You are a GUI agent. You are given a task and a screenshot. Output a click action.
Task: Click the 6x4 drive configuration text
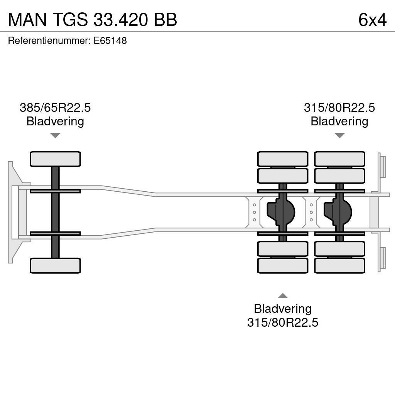click(x=372, y=20)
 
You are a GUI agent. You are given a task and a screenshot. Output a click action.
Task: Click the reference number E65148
click(x=110, y=41)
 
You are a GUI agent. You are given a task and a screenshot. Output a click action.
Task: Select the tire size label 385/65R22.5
click(x=55, y=108)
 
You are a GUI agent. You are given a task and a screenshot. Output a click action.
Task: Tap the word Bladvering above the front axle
click(x=55, y=121)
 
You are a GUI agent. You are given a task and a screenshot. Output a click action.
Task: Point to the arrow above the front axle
click(x=55, y=135)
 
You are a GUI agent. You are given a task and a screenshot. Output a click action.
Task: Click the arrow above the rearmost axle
click(x=339, y=135)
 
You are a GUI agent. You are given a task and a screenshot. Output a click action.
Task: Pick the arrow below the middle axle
click(x=283, y=296)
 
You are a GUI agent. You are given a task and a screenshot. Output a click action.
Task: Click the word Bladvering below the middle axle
click(x=283, y=309)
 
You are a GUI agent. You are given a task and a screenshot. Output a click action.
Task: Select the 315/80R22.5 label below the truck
click(x=283, y=322)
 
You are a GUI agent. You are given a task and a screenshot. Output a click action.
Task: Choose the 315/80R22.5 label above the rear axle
click(x=339, y=108)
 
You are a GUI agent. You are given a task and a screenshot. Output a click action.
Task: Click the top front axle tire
click(x=55, y=159)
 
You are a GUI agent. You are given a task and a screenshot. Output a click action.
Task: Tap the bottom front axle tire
click(x=55, y=266)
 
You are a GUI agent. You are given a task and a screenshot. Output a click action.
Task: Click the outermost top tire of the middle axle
click(x=283, y=159)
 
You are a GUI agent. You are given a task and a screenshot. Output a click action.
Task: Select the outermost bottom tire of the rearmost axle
click(x=339, y=266)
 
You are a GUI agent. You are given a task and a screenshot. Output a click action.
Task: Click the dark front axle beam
click(x=55, y=212)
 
